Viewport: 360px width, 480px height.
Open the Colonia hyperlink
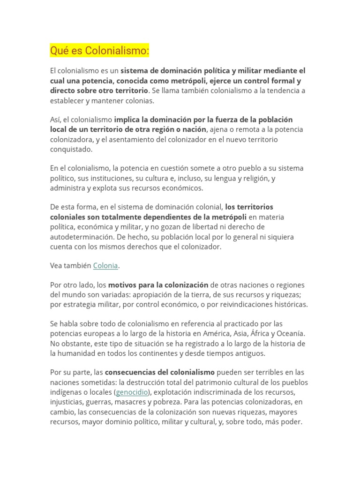[105, 266]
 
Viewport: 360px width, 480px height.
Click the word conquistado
[71, 149]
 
